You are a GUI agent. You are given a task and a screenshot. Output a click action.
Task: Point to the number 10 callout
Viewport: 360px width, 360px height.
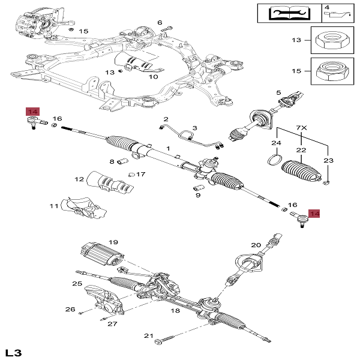point(153,76)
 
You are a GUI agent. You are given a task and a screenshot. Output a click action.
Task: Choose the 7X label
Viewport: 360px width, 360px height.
point(302,128)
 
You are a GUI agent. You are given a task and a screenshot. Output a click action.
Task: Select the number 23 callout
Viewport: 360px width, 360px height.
point(328,160)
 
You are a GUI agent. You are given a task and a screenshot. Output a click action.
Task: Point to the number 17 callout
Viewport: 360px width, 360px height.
point(141,175)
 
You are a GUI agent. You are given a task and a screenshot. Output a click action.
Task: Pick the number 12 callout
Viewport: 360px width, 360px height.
point(79,179)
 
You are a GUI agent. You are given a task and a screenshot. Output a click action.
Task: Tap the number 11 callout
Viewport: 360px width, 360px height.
point(54,206)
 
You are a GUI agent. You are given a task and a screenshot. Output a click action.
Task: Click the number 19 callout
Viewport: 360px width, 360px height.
point(113,242)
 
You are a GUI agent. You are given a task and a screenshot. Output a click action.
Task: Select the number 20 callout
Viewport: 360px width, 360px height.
point(256,244)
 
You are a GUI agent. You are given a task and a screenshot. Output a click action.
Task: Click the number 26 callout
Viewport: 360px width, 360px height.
point(70,310)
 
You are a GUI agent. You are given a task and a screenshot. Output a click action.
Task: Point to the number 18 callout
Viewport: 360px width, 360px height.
point(175,311)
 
